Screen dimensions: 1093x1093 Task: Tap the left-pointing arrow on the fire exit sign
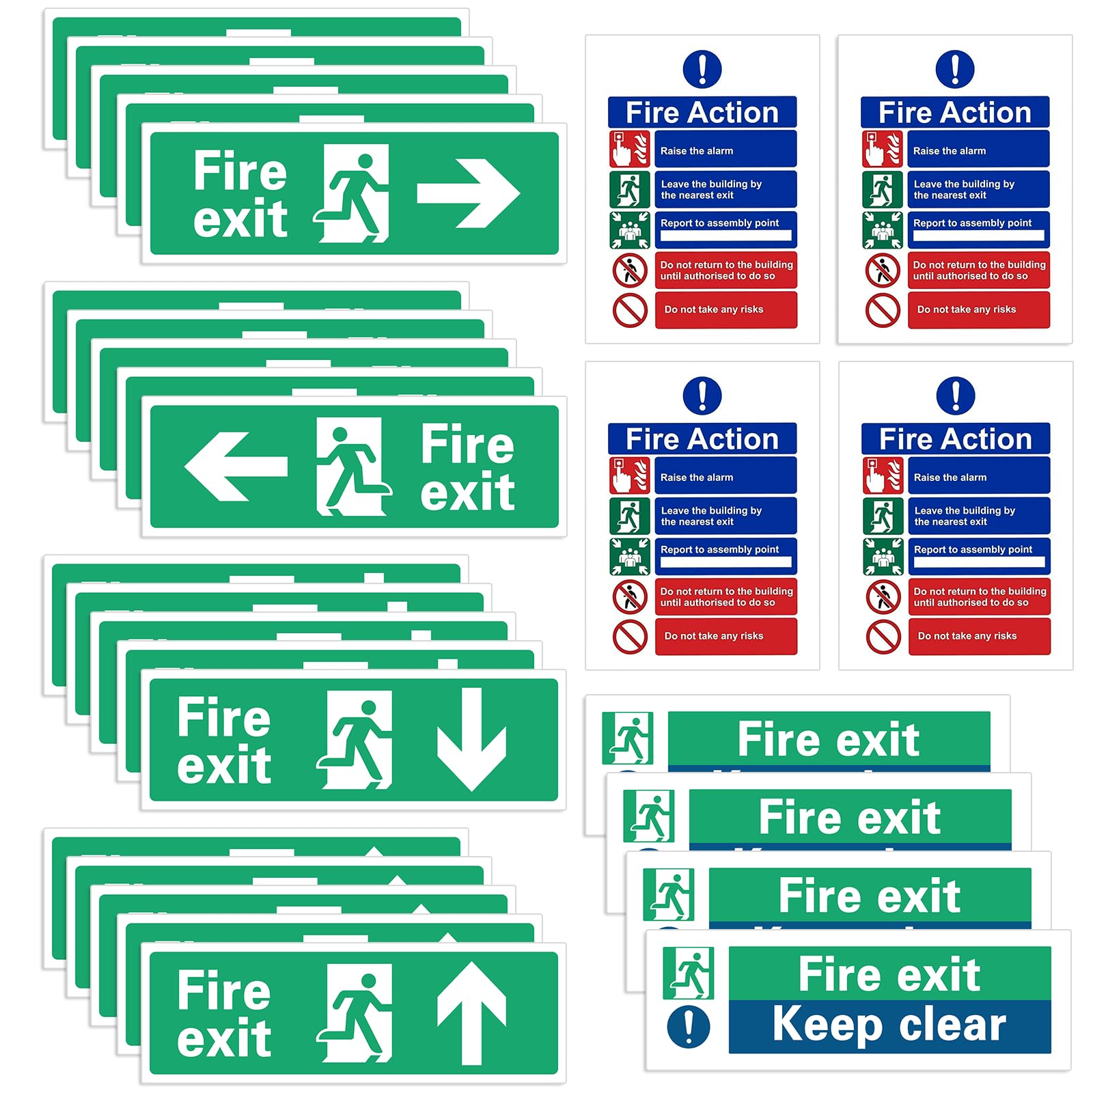(x=236, y=467)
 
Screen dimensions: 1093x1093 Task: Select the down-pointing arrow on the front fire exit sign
(x=471, y=739)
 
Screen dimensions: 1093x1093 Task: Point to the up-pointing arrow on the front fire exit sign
(x=471, y=1012)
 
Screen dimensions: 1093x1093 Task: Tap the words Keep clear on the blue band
(x=889, y=1025)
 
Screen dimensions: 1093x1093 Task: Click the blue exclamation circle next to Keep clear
(x=688, y=1027)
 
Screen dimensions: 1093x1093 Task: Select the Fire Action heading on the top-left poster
(x=702, y=113)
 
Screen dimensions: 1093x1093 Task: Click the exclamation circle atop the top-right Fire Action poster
(x=954, y=69)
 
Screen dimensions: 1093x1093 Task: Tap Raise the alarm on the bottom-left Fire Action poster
(x=697, y=478)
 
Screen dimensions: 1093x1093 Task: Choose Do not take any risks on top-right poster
(x=967, y=309)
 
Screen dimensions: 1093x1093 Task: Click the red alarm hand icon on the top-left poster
(x=629, y=149)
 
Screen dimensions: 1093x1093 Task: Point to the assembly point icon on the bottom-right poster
(x=883, y=556)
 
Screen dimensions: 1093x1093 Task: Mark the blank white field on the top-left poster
(x=725, y=236)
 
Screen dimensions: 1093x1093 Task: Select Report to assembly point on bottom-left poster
(x=719, y=549)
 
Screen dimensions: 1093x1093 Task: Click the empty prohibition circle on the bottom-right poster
(x=883, y=637)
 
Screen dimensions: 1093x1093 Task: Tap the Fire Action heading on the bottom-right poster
(x=955, y=439)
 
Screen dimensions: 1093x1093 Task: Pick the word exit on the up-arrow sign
(x=224, y=1038)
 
